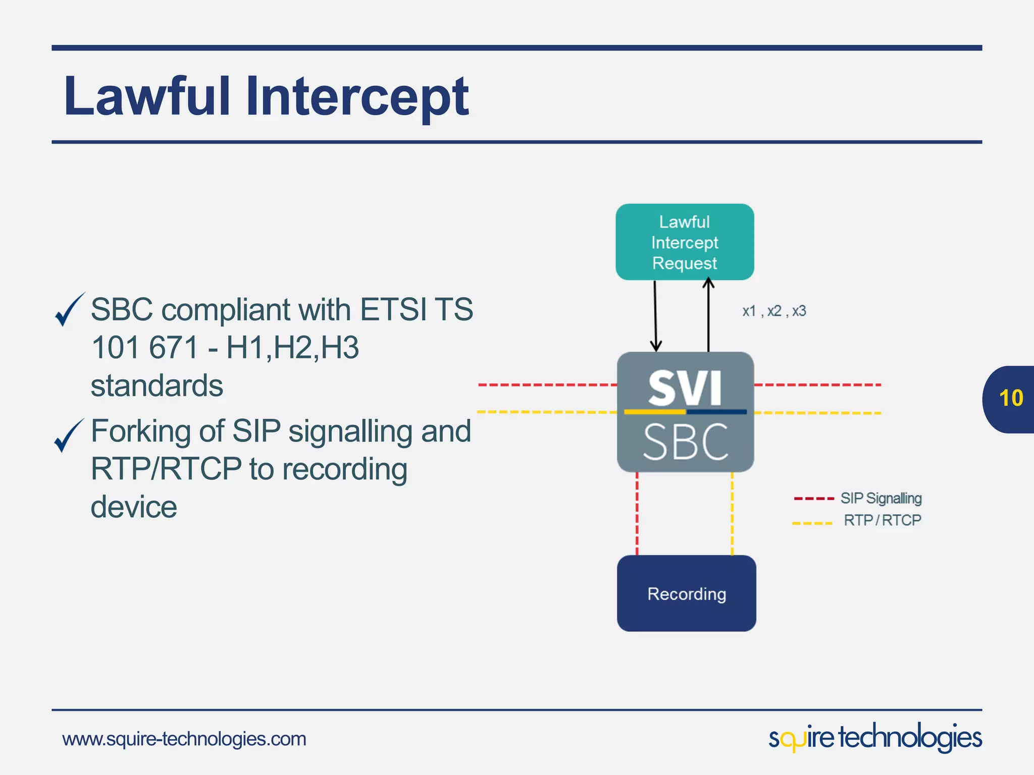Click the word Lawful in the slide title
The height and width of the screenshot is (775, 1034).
(x=147, y=96)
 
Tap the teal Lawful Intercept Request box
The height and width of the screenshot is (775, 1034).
(x=685, y=242)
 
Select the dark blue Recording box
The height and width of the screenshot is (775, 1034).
(x=686, y=593)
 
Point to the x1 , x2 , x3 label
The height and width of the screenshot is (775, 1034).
(x=773, y=311)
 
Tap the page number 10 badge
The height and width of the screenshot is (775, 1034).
(x=1010, y=399)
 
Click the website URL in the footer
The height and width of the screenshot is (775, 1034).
(x=184, y=739)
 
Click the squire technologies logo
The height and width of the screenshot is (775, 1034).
(x=874, y=738)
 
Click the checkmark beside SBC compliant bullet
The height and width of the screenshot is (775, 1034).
(x=69, y=310)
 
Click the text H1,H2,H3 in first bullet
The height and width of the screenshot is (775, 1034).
(x=292, y=348)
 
